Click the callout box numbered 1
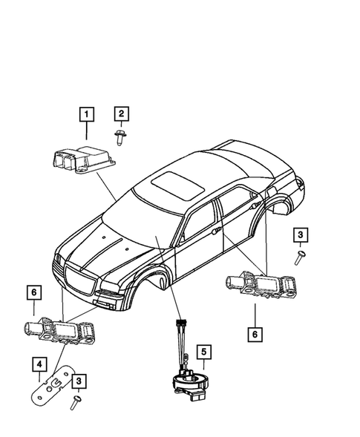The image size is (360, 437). click(x=88, y=114)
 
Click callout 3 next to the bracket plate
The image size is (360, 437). click(x=78, y=381)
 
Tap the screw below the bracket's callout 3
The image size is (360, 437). click(x=76, y=403)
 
